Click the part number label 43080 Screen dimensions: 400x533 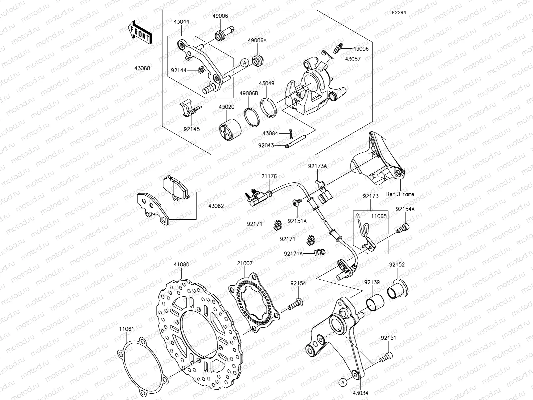point(151,68)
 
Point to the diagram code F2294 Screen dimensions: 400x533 point(398,13)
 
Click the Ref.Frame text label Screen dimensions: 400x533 point(400,194)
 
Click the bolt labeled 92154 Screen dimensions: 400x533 point(294,304)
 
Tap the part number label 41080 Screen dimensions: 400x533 point(181,265)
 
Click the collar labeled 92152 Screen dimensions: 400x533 point(398,289)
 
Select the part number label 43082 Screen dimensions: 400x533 point(216,206)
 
